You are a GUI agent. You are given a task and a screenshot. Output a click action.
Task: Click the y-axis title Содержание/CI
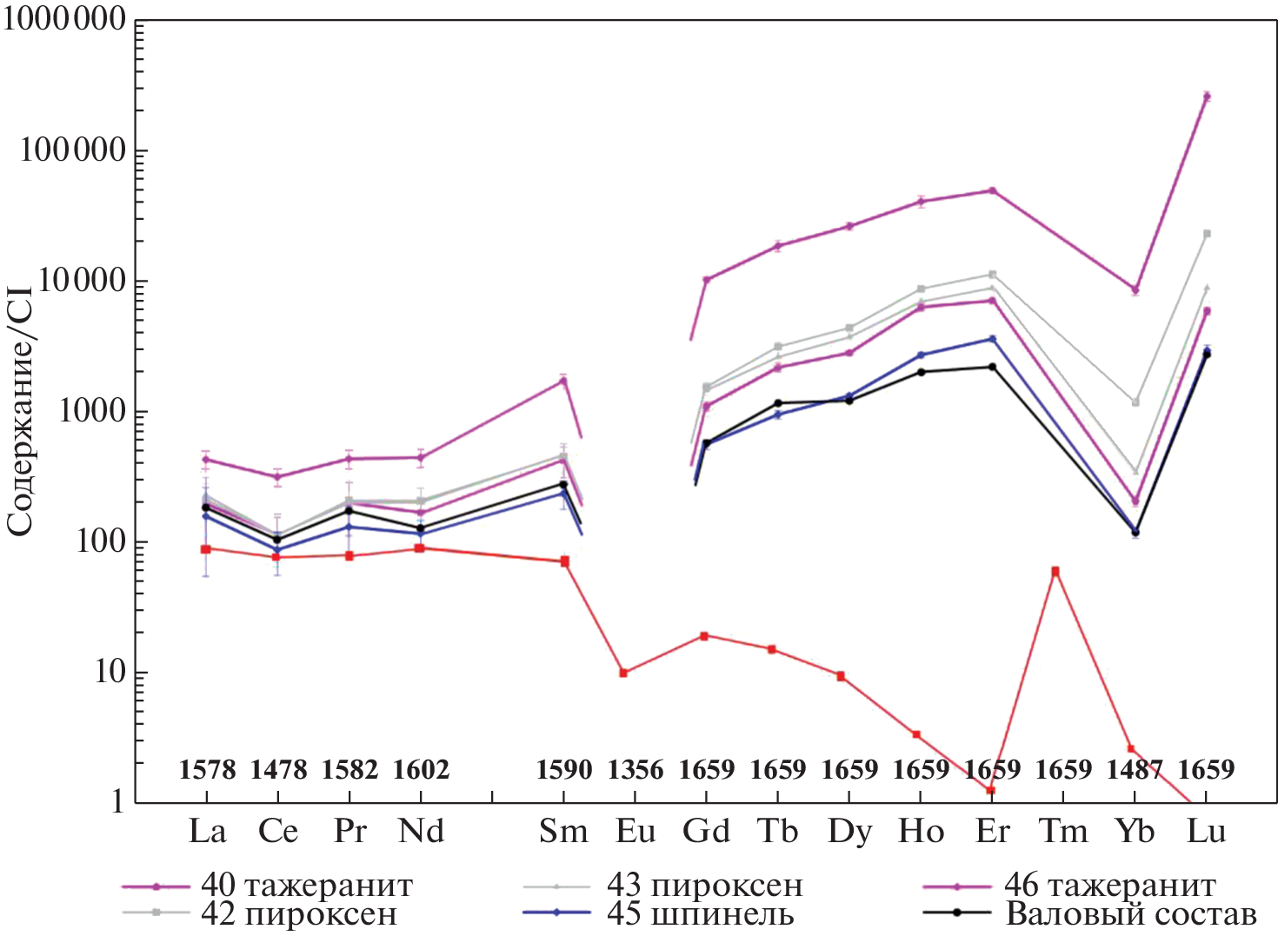(x=19, y=411)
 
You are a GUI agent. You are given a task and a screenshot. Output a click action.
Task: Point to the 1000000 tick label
(x=65, y=19)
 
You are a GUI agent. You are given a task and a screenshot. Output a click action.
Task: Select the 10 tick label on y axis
(x=110, y=672)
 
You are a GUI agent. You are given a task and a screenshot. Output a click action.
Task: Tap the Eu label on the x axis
(x=636, y=832)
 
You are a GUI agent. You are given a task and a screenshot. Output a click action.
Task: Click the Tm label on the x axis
(x=1063, y=832)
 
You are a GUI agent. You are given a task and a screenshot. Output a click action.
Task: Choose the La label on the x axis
(x=207, y=832)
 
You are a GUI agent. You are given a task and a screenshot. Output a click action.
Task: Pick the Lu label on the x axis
(x=1206, y=832)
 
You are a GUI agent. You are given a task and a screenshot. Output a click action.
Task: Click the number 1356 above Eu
(x=636, y=770)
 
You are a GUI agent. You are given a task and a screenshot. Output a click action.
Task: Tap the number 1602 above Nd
(x=421, y=770)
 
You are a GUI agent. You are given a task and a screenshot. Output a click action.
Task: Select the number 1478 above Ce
(x=278, y=770)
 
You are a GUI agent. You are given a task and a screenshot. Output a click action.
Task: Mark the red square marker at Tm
(x=1055, y=572)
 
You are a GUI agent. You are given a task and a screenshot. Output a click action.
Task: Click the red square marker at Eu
(x=623, y=673)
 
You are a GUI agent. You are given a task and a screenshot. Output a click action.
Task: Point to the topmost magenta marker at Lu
(x=1207, y=96)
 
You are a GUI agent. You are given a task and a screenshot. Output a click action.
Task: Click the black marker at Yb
(x=1135, y=533)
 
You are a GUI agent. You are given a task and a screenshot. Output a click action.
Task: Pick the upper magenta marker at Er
(x=992, y=190)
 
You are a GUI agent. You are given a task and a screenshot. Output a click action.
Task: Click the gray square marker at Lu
(x=1207, y=234)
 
